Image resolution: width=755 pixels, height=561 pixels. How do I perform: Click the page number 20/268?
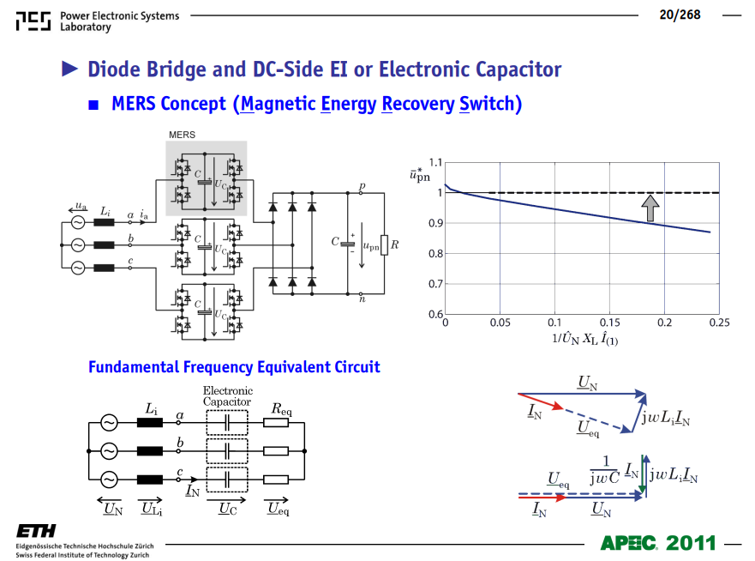point(680,15)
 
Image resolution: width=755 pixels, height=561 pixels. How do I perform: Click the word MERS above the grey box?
point(182,135)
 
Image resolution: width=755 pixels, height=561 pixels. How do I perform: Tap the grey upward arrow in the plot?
point(650,208)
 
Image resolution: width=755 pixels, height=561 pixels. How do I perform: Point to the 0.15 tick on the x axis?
point(609,323)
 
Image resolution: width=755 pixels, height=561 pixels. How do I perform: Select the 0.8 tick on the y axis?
point(435,254)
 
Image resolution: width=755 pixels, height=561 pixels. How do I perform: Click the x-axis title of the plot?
point(584,339)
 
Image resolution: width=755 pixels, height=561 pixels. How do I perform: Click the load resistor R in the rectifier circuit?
point(384,244)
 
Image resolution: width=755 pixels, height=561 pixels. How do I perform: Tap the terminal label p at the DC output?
point(363,185)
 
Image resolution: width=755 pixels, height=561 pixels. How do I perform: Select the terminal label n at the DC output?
point(363,299)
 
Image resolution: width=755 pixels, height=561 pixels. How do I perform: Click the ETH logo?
point(36,531)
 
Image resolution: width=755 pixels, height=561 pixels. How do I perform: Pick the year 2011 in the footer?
point(691,543)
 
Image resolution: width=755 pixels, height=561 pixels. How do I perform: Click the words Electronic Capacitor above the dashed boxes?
point(227,396)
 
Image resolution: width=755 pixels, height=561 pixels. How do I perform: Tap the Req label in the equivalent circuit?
point(281,409)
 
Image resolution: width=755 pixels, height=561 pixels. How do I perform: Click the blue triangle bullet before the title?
point(69,69)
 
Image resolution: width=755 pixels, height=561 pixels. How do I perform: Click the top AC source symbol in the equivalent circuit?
point(109,423)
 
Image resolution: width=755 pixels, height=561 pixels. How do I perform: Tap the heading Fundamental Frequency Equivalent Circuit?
point(234,367)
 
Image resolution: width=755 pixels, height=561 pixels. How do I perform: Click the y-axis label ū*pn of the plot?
point(420,175)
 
